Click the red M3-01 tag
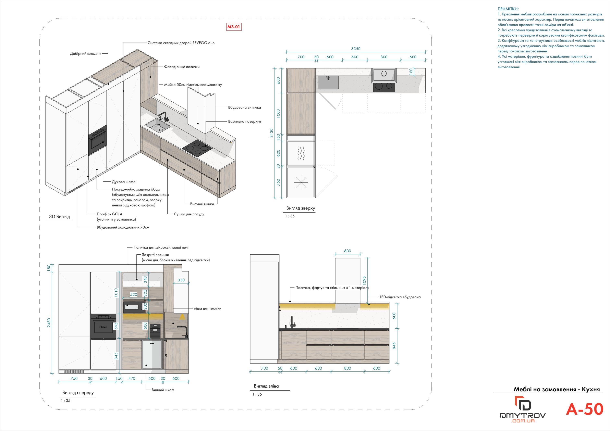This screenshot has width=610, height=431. tap(234, 27)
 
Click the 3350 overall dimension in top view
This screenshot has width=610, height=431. tap(356, 49)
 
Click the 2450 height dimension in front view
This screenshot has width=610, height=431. tap(49, 322)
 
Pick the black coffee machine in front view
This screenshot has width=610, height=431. tap(155, 331)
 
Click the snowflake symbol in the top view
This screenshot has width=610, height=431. tap(301, 182)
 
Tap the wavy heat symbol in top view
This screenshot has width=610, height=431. tap(301, 153)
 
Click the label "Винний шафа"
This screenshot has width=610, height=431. tap(163, 390)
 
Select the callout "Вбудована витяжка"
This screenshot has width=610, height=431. tap(244, 107)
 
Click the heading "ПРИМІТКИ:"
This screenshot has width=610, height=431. tap(508, 9)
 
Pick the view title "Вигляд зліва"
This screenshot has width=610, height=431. tap(266, 386)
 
